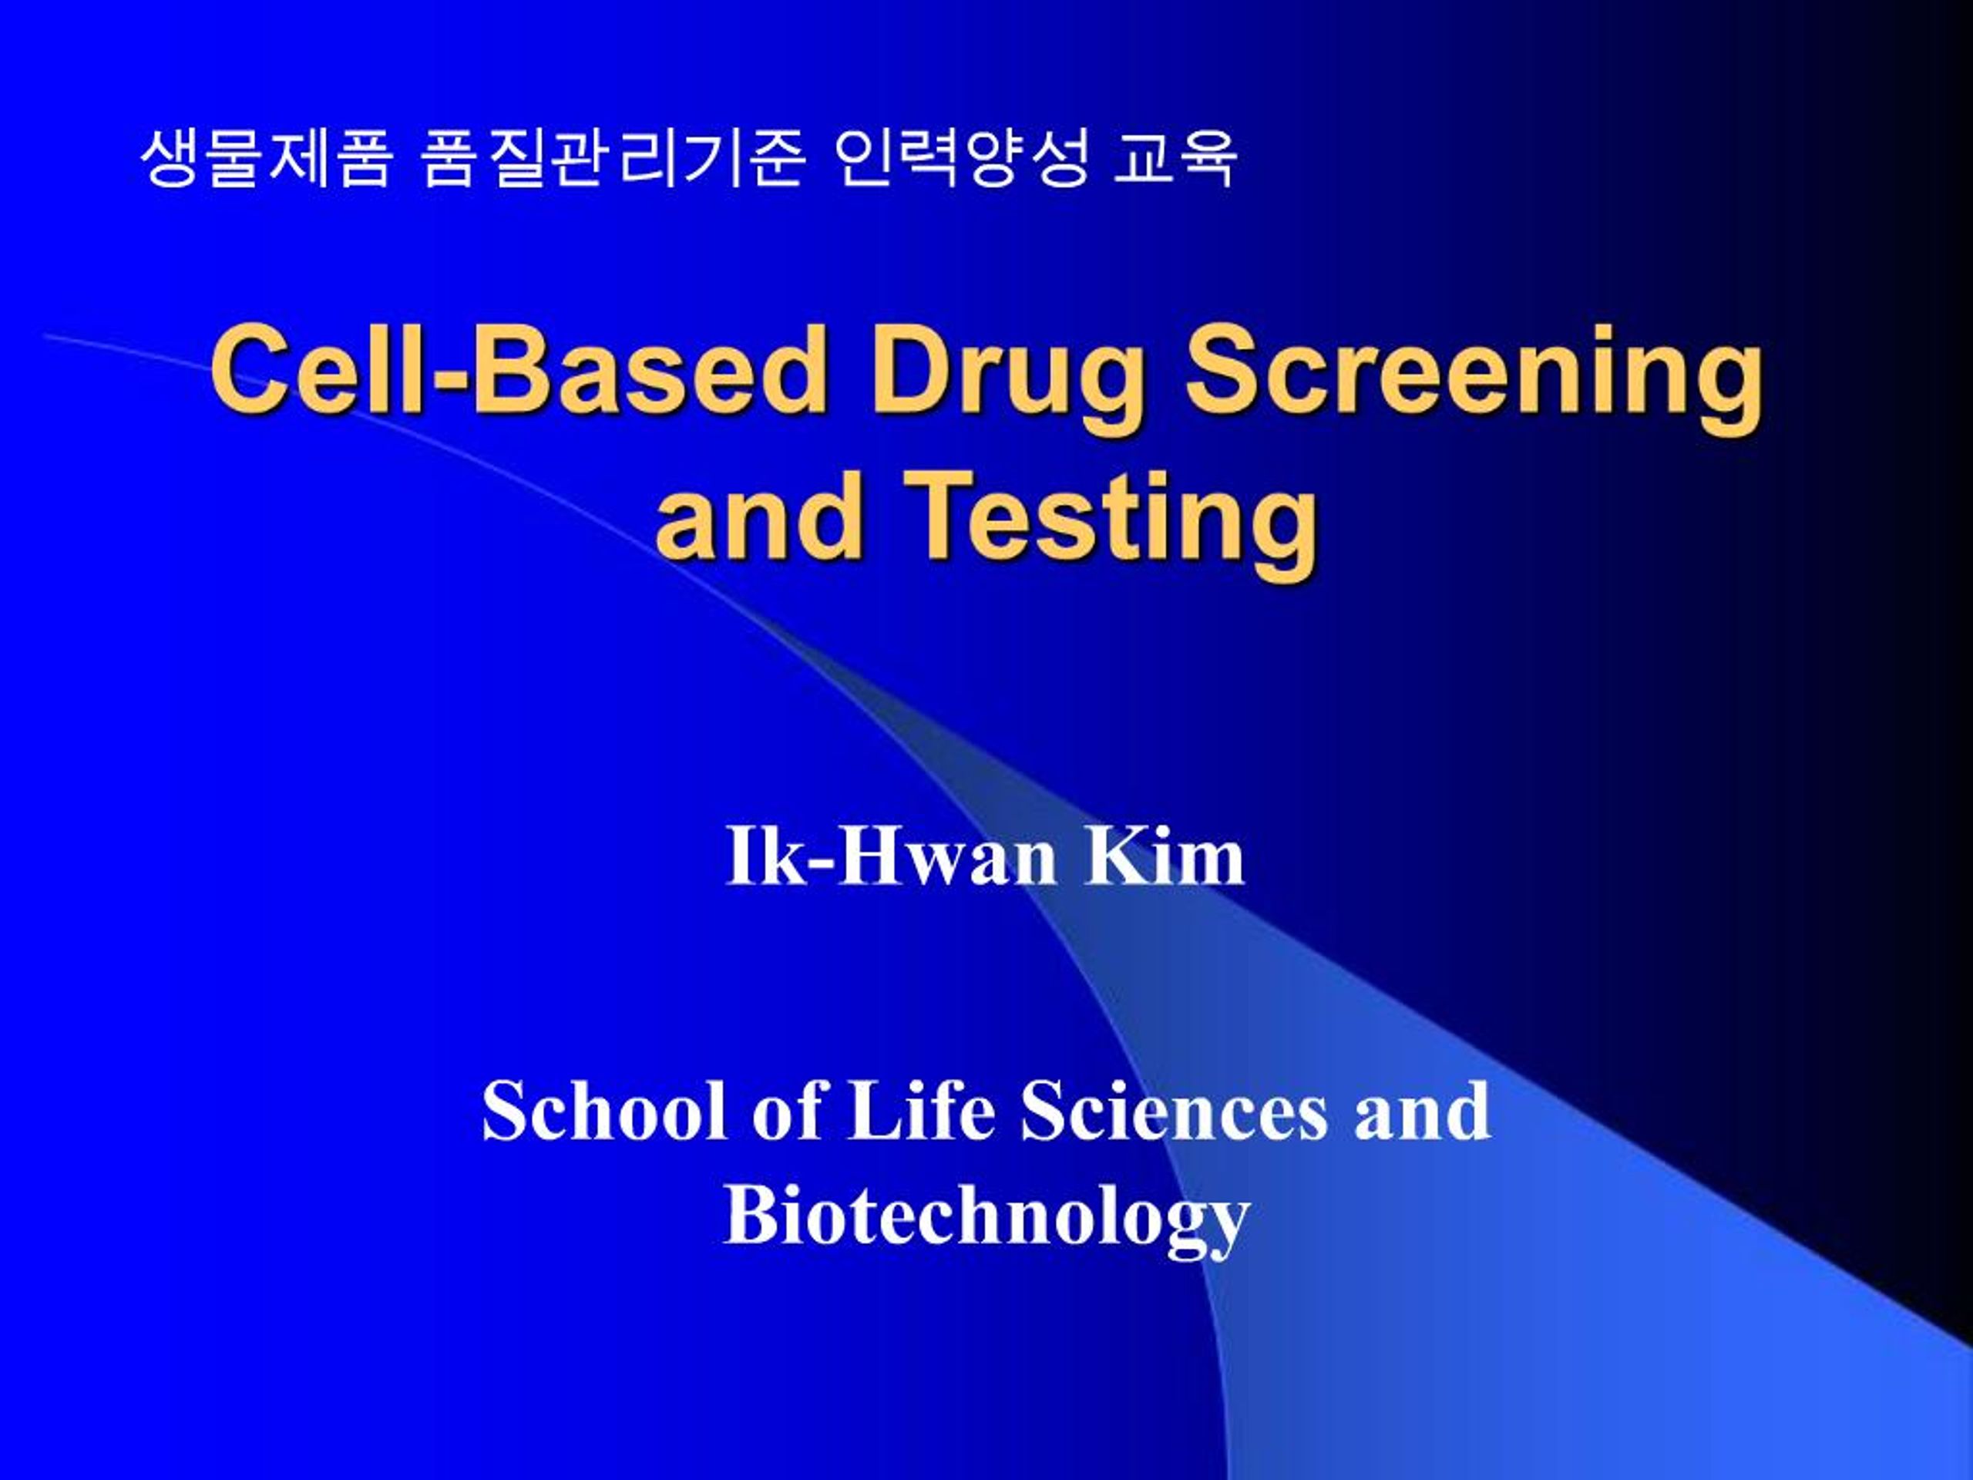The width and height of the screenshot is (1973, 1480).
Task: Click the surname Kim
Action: click(x=1164, y=857)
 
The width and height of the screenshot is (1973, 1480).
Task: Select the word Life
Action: click(x=920, y=1111)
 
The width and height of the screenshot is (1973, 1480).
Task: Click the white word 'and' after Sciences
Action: click(x=1422, y=1111)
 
